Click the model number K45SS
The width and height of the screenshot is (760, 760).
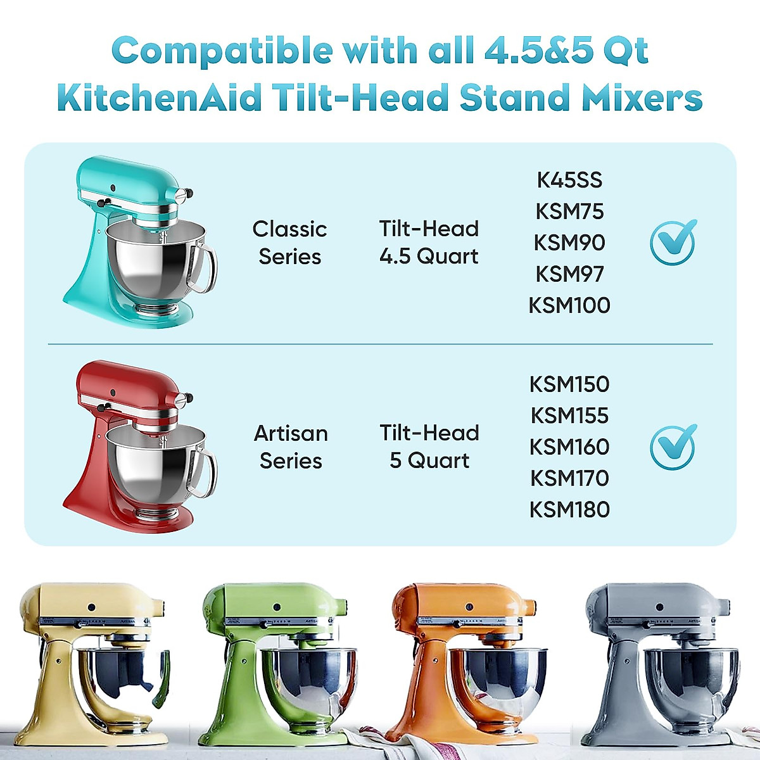(569, 180)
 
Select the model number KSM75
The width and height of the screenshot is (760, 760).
(569, 212)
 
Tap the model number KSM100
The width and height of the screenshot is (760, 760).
(569, 305)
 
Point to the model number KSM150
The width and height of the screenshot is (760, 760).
(569, 384)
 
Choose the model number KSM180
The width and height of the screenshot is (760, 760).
(569, 510)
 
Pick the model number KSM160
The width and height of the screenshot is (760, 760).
(569, 447)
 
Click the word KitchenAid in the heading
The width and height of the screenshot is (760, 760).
(158, 99)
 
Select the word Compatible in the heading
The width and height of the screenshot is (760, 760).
(222, 51)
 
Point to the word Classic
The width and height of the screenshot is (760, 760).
(289, 229)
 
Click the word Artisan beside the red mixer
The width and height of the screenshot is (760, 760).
(291, 434)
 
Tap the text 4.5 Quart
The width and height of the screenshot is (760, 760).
(429, 256)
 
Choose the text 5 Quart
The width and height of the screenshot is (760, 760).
(429, 461)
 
